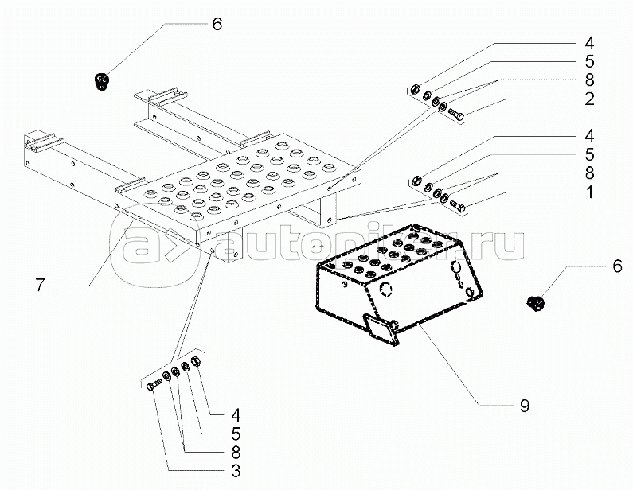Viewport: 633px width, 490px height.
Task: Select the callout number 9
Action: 524,406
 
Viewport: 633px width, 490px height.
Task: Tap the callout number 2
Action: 588,99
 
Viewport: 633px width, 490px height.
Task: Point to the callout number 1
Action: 588,192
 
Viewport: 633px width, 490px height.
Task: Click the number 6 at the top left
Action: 217,24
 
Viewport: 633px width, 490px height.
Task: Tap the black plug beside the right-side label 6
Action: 535,302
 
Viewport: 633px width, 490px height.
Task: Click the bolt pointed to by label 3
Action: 154,386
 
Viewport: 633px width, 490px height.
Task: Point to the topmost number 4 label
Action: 588,42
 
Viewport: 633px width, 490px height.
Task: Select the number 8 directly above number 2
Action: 588,80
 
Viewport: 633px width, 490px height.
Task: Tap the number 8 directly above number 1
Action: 588,173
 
